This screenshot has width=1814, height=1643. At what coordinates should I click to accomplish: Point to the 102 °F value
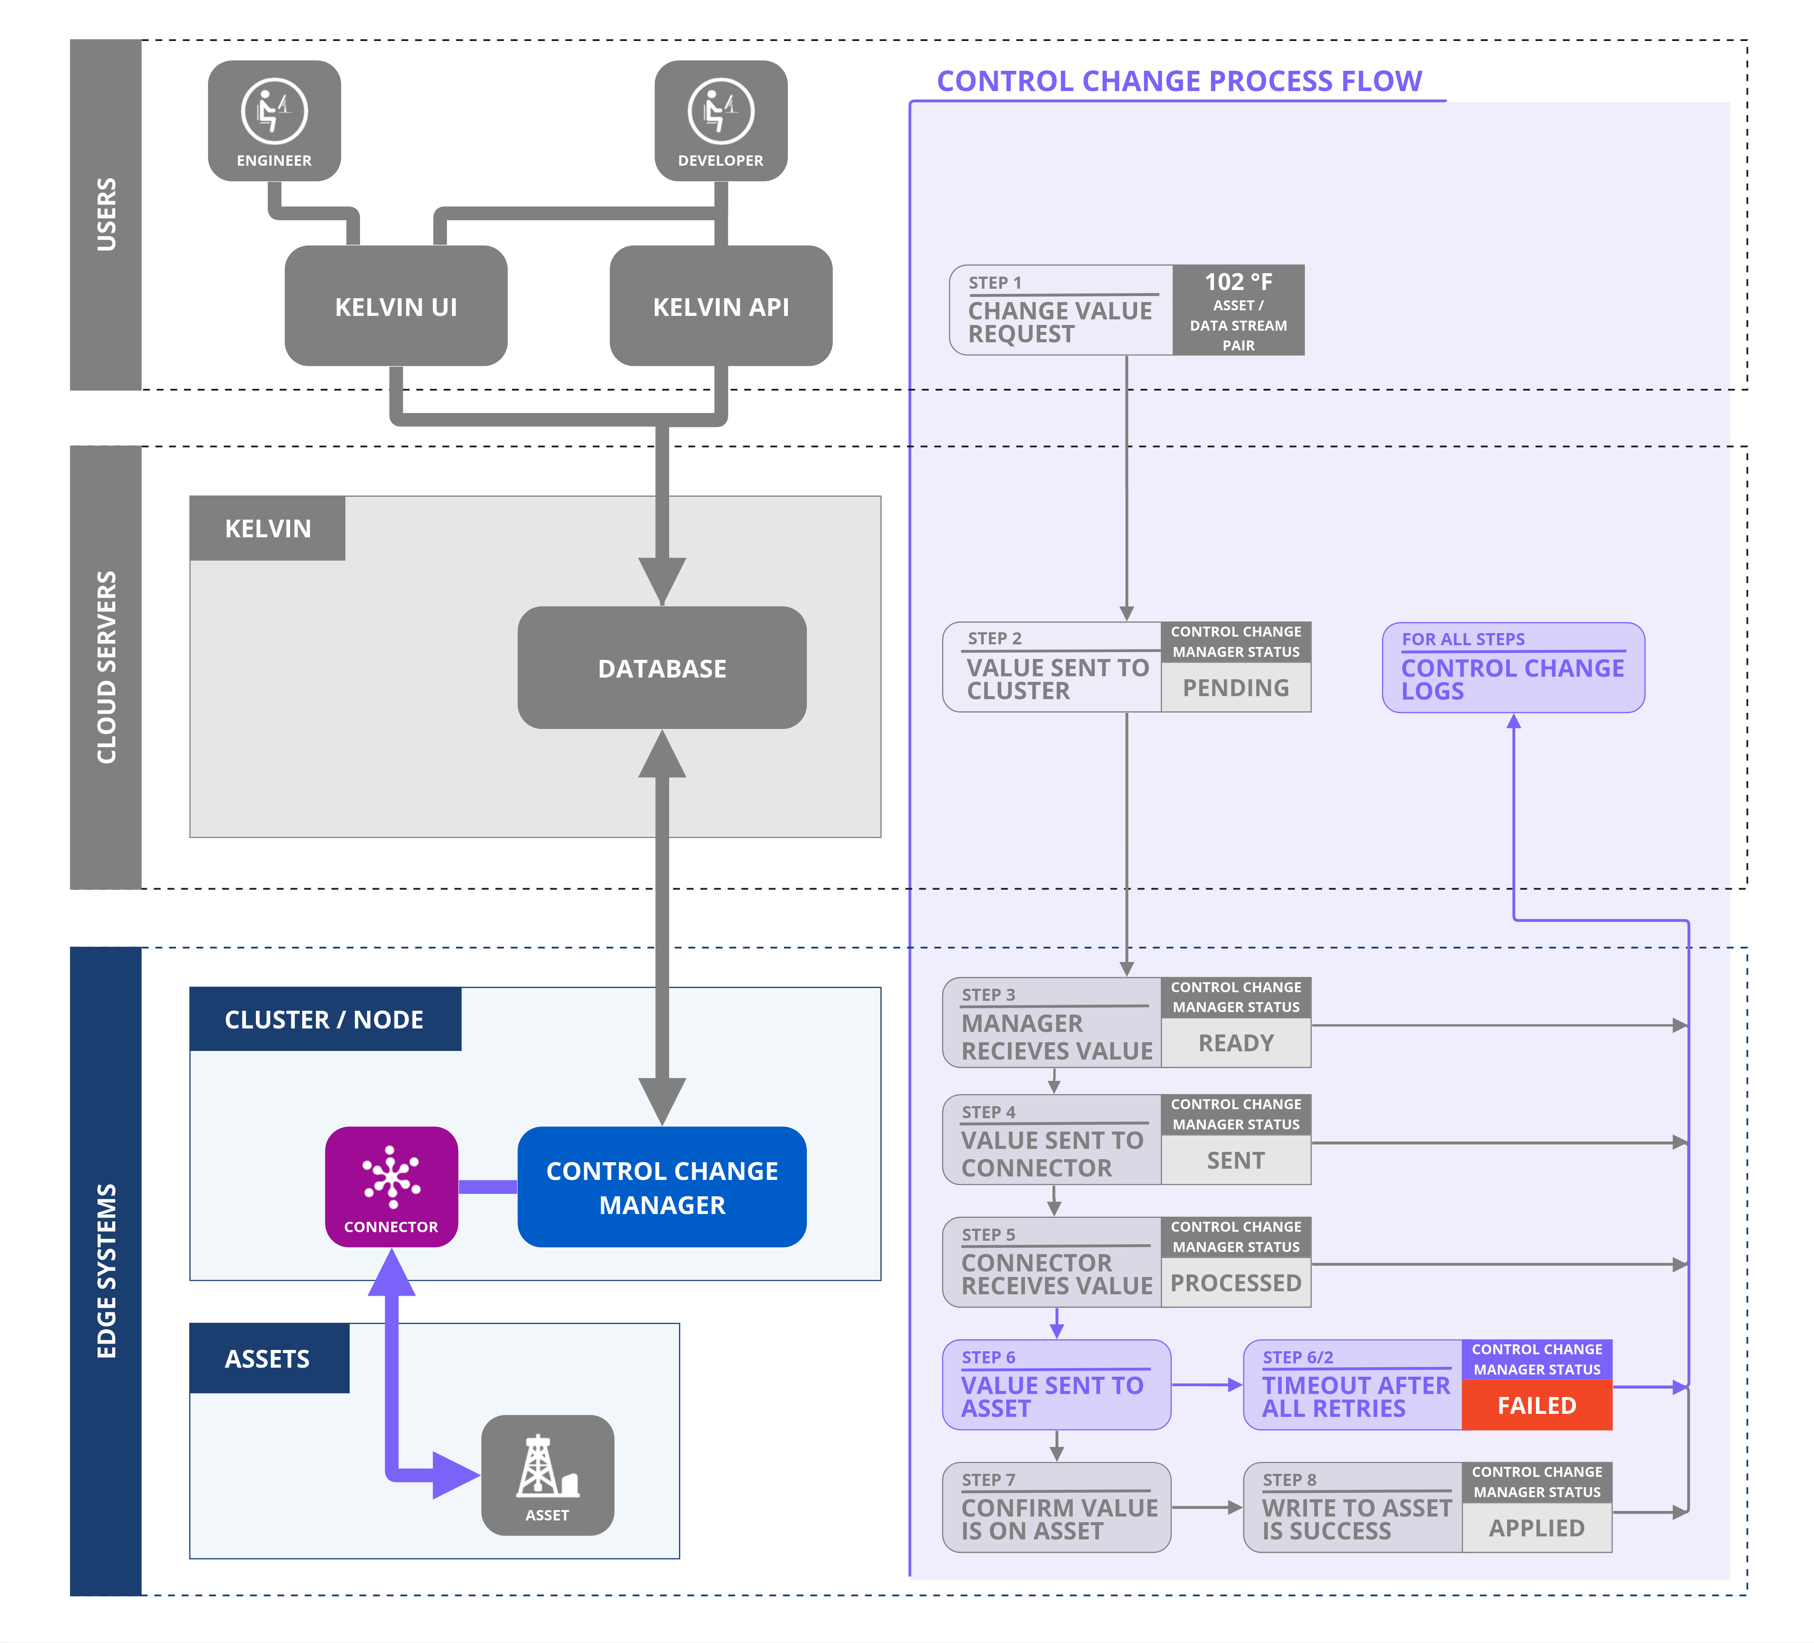coord(1238,282)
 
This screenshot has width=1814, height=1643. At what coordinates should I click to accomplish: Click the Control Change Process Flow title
coord(1179,81)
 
